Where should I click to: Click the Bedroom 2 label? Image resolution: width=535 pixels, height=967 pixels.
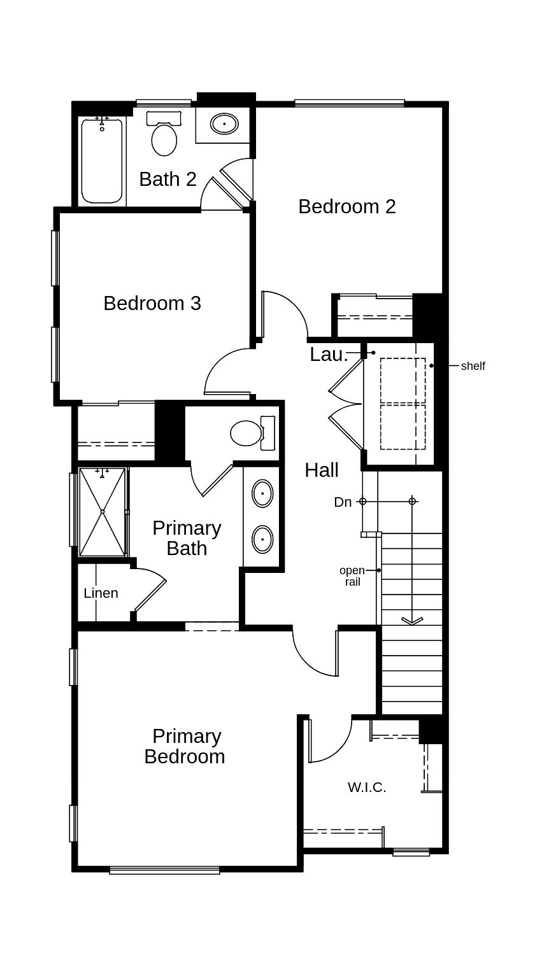(346, 206)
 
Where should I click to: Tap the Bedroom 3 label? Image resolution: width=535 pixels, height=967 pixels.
(152, 303)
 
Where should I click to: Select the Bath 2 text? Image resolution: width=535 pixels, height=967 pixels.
(168, 180)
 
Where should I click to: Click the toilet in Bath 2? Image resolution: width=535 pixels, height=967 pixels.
(164, 136)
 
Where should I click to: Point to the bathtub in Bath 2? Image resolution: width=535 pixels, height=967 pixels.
(102, 160)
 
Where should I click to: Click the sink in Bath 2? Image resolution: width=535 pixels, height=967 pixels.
(224, 124)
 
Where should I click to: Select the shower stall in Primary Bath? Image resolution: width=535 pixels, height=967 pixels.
(102, 512)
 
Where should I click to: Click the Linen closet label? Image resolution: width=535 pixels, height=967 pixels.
(101, 593)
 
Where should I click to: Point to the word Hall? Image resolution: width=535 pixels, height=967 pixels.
(321, 470)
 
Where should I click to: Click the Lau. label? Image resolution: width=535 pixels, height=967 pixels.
(328, 355)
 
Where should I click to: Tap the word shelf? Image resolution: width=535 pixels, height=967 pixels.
(473, 366)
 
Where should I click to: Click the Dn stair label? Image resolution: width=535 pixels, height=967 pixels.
(343, 502)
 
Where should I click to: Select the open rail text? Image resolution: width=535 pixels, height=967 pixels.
(352, 576)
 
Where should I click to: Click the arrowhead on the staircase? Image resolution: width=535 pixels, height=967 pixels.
(412, 621)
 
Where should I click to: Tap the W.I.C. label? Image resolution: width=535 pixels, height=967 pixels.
(367, 787)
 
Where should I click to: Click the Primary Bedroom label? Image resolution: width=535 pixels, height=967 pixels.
(185, 746)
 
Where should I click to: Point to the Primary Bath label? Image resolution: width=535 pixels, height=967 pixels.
(187, 538)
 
